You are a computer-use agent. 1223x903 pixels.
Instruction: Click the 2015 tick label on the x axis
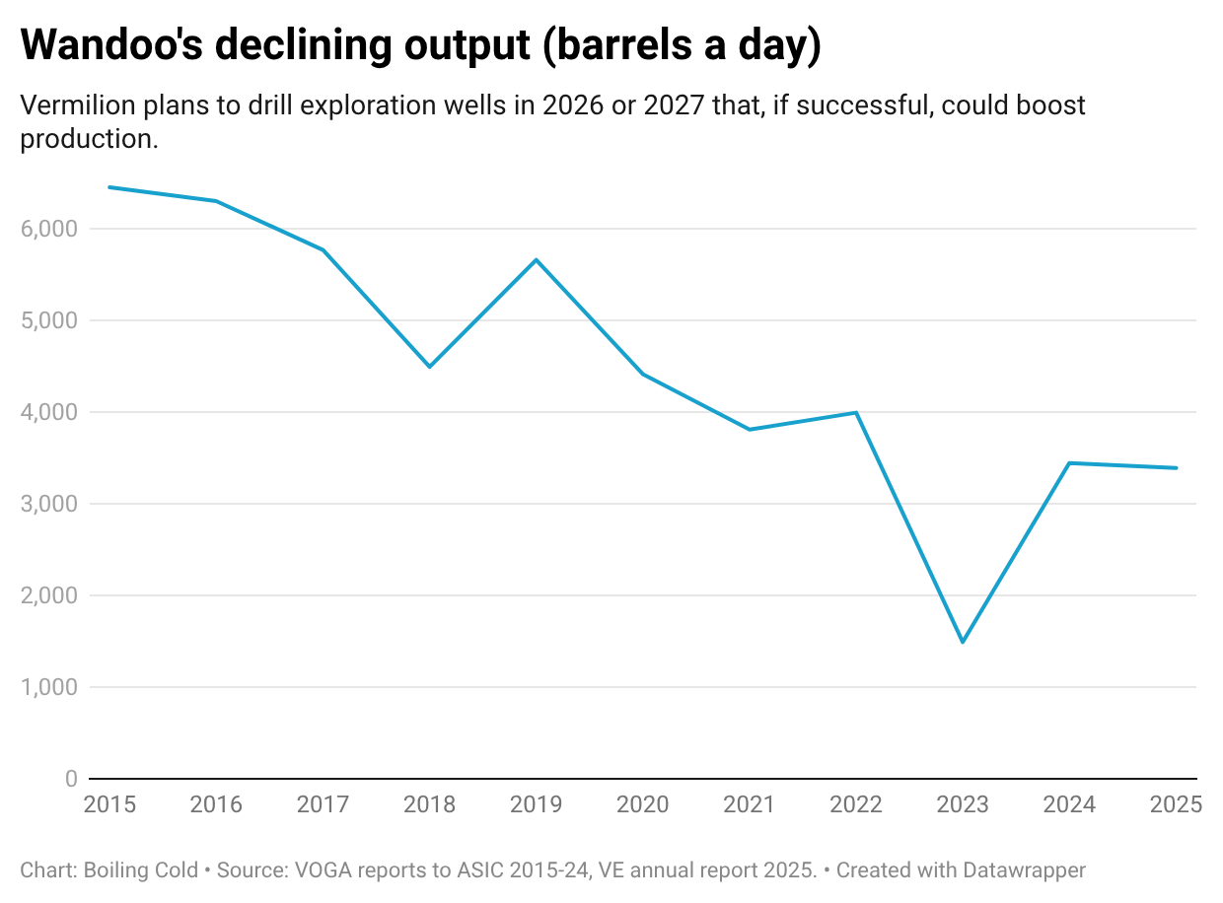pos(109,804)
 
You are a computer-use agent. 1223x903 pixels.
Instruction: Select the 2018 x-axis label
pos(429,804)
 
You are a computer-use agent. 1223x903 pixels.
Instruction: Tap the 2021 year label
pos(749,804)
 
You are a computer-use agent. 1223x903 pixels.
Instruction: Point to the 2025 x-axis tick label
pos(1176,804)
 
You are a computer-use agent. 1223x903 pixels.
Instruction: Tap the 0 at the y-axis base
pos(70,779)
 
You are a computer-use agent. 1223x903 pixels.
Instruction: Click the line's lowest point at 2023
pos(963,642)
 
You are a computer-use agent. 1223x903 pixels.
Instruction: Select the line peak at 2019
pos(536,259)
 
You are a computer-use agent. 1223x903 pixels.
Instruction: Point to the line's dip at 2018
pos(429,367)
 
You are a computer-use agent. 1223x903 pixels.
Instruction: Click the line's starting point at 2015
pos(109,186)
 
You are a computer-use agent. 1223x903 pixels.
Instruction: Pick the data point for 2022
pos(856,412)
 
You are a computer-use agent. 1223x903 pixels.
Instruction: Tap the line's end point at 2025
pos(1176,468)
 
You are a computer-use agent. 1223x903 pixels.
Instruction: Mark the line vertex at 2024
pos(1069,462)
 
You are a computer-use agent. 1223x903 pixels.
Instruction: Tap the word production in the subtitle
pos(87,140)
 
